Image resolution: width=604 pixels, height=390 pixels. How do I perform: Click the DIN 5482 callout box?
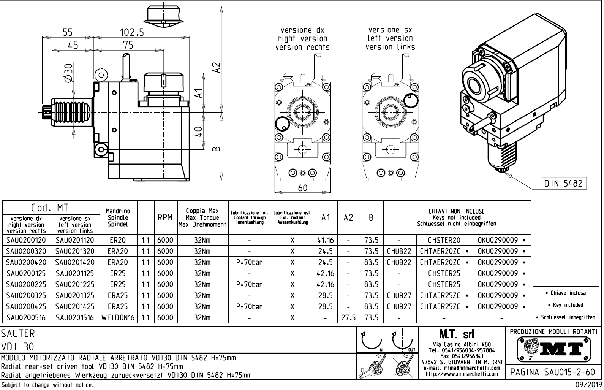click(x=563, y=183)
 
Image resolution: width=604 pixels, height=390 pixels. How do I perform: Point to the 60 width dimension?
click(x=303, y=188)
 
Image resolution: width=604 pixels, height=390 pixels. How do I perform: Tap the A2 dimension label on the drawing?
click(x=216, y=69)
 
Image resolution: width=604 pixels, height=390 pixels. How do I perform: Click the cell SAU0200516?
click(x=26, y=317)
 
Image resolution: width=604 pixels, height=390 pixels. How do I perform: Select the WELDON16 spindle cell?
click(x=118, y=317)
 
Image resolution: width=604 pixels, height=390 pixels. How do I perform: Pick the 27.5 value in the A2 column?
click(x=348, y=317)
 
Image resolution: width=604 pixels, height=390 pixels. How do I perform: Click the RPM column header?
click(x=165, y=218)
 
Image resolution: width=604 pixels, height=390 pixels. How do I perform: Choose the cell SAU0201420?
click(x=75, y=262)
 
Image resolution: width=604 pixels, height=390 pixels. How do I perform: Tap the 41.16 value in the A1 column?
click(x=326, y=240)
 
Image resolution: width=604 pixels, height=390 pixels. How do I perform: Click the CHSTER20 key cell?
click(x=444, y=240)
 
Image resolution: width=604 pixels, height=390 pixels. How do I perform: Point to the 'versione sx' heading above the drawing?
click(x=390, y=30)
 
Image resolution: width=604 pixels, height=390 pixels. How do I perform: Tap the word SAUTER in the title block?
click(x=18, y=334)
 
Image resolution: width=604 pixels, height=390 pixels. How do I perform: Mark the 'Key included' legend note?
click(x=568, y=305)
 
